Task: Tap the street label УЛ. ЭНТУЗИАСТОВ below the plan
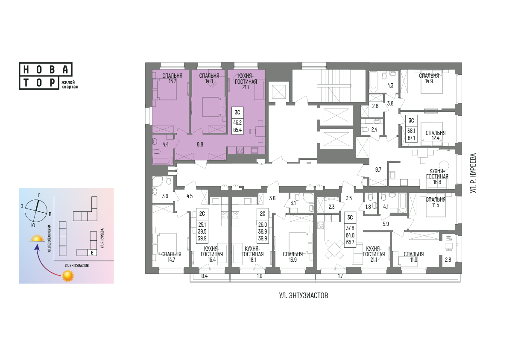click(304, 296)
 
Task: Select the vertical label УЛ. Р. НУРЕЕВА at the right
click(473, 174)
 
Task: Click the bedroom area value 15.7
click(172, 82)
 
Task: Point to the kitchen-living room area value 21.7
click(246, 87)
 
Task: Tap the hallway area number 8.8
click(200, 144)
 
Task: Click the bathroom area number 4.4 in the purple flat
click(166, 145)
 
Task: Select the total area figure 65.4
click(237, 130)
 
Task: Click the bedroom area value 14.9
click(429, 82)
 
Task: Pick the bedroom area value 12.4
click(436, 138)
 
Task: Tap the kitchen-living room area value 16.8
click(437, 182)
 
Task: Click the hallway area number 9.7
click(378, 170)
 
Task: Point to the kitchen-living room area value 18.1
click(252, 260)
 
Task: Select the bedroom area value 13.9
click(293, 260)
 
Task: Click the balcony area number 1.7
click(340, 276)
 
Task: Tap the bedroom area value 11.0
click(413, 260)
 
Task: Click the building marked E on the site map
click(93, 252)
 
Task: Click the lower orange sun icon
click(68, 276)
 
